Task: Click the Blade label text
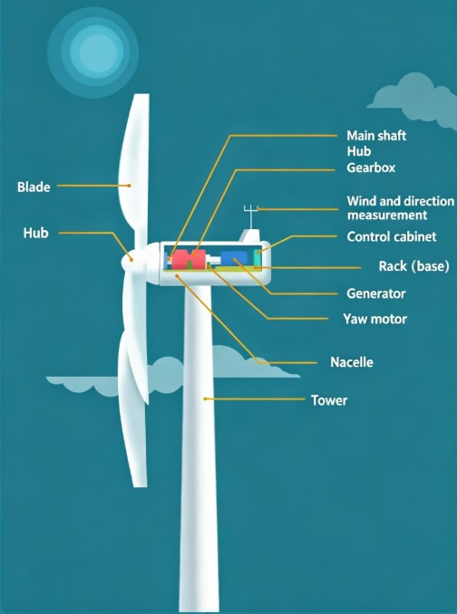click(x=34, y=187)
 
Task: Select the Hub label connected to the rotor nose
click(x=35, y=233)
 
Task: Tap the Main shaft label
click(x=376, y=136)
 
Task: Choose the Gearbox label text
click(x=371, y=168)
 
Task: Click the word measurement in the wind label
click(x=387, y=215)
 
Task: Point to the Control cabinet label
click(x=392, y=236)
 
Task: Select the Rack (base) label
click(x=413, y=266)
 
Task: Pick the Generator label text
click(x=376, y=293)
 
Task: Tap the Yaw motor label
click(x=375, y=319)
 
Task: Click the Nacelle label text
click(x=352, y=362)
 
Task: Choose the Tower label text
click(x=329, y=400)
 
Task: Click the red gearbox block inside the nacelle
click(x=189, y=259)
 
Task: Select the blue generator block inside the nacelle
click(x=234, y=258)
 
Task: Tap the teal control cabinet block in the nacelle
click(x=258, y=257)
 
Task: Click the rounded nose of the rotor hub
click(x=131, y=260)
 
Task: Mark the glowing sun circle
click(x=93, y=53)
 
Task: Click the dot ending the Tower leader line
click(x=205, y=398)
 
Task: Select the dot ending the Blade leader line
click(x=129, y=186)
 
